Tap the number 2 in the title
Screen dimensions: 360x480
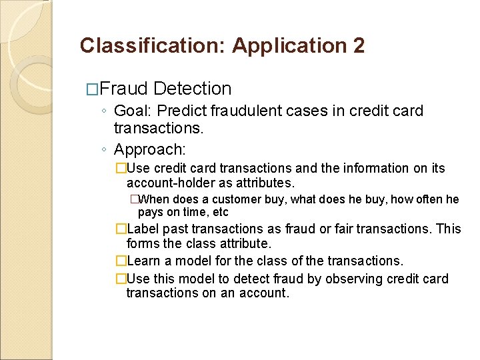[x=358, y=45]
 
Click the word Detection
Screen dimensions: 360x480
[x=192, y=89]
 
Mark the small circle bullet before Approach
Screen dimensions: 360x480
[x=105, y=149]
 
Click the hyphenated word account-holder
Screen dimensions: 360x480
[x=169, y=183]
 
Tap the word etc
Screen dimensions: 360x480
[x=220, y=213]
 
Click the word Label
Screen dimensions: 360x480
[x=142, y=229]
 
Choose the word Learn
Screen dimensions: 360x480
[x=143, y=261]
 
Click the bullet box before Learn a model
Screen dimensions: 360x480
[x=121, y=261]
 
